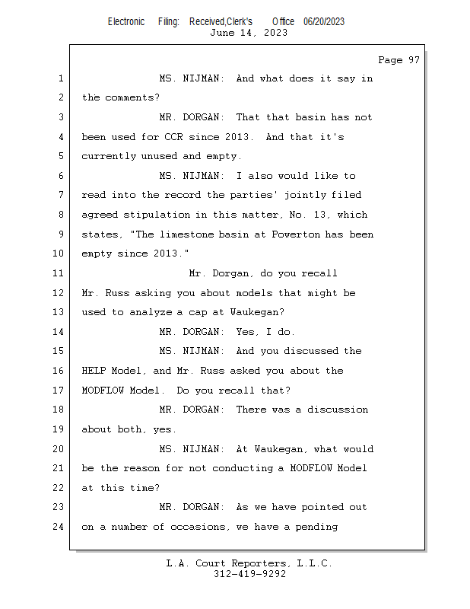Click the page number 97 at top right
(411, 60)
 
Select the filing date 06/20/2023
(323, 21)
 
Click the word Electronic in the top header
(126, 21)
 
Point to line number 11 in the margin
(60, 273)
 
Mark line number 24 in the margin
(60, 526)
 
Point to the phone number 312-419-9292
(249, 574)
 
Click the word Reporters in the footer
(256, 563)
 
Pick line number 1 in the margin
(60, 78)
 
